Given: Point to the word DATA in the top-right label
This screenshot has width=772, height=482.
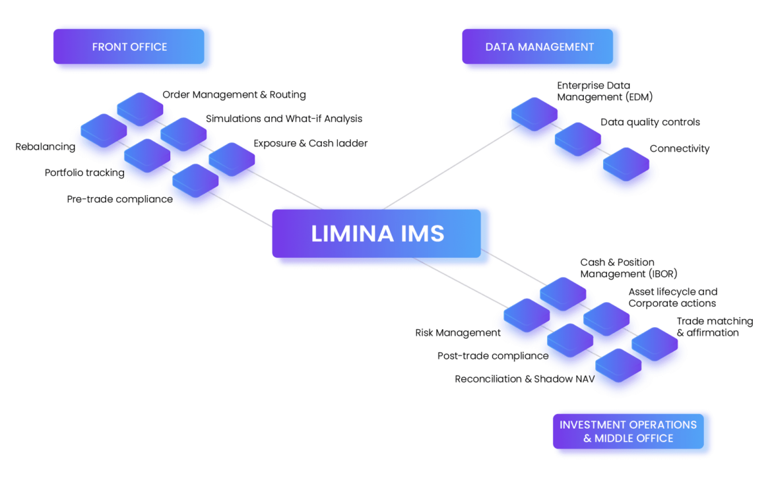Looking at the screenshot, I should [x=499, y=47].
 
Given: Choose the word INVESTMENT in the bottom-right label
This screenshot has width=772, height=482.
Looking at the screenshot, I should [x=590, y=425].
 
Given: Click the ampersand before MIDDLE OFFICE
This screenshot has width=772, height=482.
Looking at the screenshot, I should [x=587, y=438].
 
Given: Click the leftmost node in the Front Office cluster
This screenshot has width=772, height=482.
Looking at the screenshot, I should [x=103, y=131].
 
